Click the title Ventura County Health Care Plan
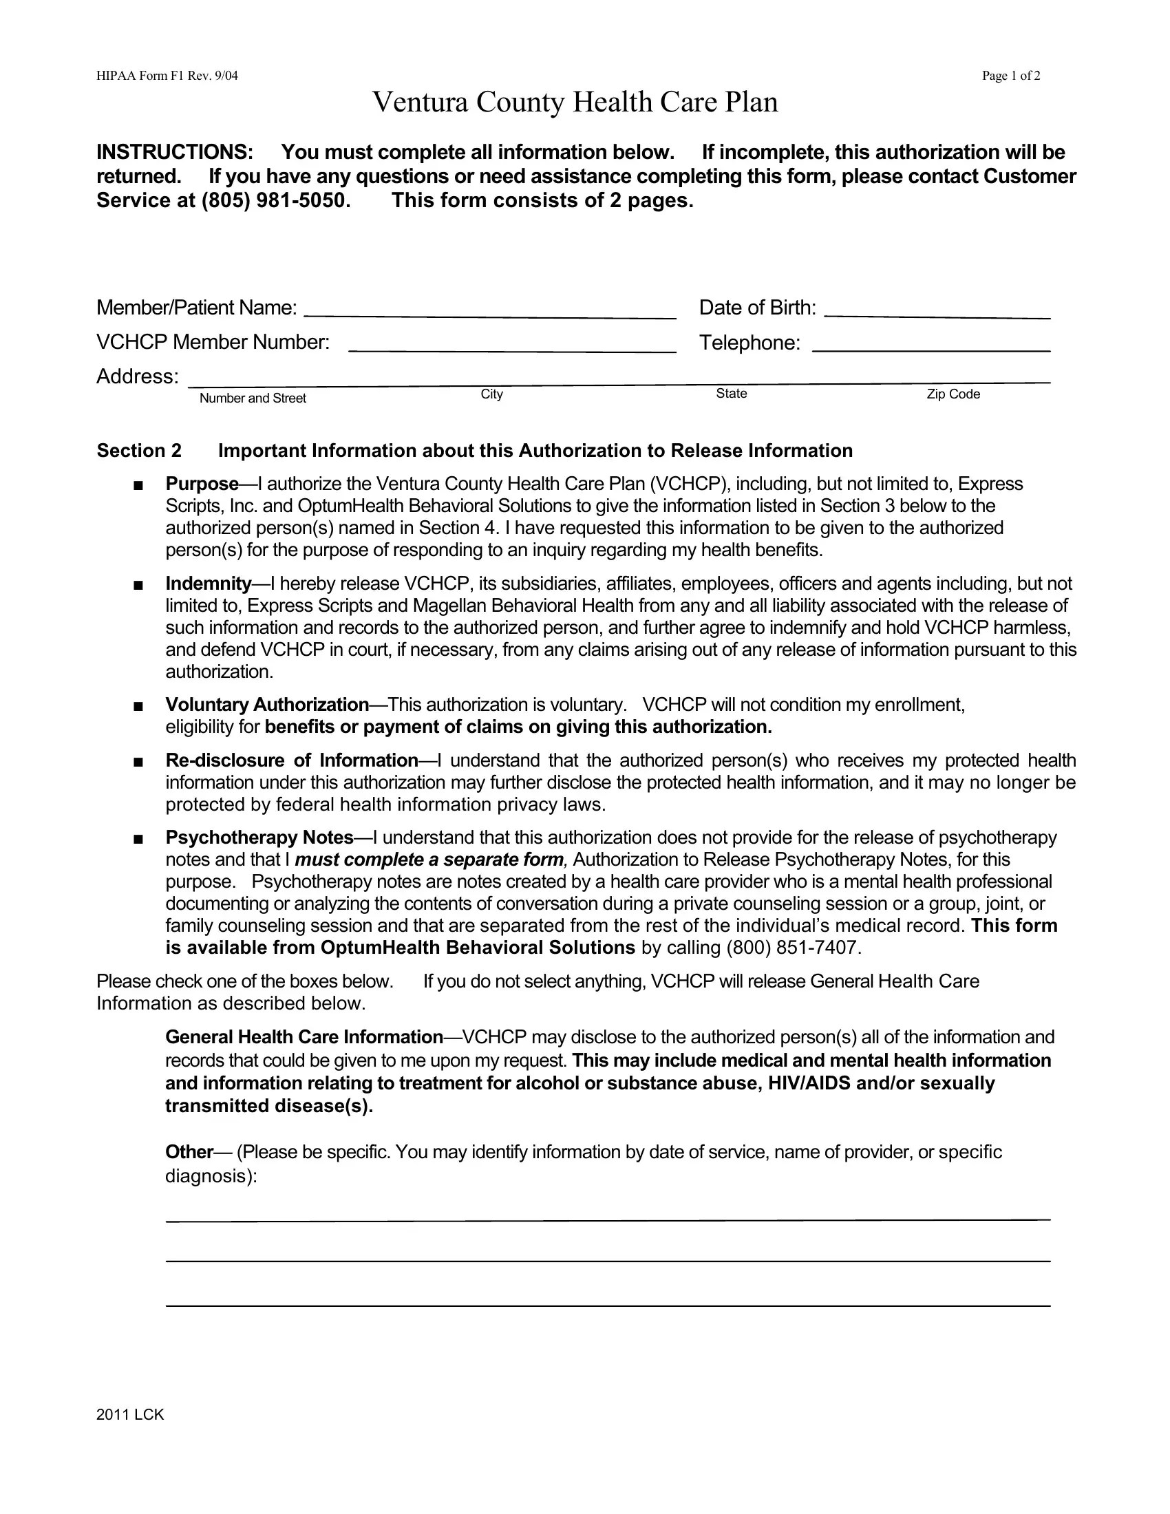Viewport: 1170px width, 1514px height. tap(575, 103)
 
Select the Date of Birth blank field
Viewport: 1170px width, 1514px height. tap(937, 310)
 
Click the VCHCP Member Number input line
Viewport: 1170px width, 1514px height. tap(511, 345)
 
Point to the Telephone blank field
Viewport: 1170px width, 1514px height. tap(931, 345)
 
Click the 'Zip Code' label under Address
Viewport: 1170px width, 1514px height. tap(953, 394)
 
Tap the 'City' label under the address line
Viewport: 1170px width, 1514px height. tap(491, 394)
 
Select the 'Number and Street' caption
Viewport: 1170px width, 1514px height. tap(253, 398)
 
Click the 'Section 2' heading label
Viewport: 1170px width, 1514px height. tap(138, 451)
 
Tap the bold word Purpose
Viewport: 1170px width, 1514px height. tap(202, 484)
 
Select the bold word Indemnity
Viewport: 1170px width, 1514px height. tap(208, 584)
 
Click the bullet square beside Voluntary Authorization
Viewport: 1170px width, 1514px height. tap(138, 706)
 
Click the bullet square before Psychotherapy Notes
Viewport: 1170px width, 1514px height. tap(138, 840)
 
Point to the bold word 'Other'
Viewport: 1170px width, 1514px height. tap(189, 1152)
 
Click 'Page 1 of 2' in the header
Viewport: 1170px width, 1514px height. tap(1010, 76)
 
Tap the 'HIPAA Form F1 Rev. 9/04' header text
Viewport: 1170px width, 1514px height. tap(167, 76)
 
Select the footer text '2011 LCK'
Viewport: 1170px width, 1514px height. tap(130, 1416)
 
